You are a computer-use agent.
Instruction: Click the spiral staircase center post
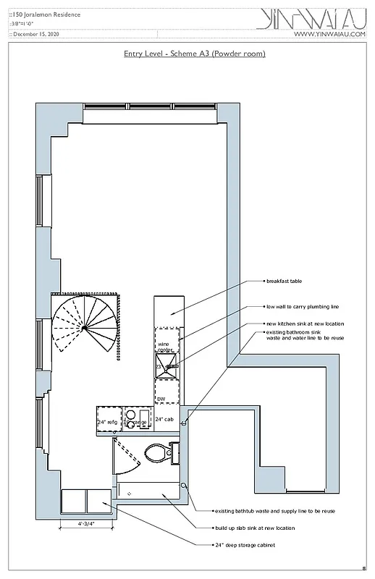click(84, 328)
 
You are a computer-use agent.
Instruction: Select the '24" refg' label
click(107, 422)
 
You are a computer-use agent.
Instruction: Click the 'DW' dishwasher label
click(161, 399)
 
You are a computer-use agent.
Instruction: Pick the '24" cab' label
click(164, 420)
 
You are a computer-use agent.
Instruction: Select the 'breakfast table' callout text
click(285, 281)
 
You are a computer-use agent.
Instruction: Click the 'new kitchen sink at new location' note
click(305, 324)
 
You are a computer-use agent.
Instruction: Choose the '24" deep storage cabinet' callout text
click(245, 545)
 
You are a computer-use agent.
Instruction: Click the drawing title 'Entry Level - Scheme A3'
click(195, 54)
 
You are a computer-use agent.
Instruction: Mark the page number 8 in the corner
click(364, 568)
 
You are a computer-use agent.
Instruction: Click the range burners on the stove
click(135, 418)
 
